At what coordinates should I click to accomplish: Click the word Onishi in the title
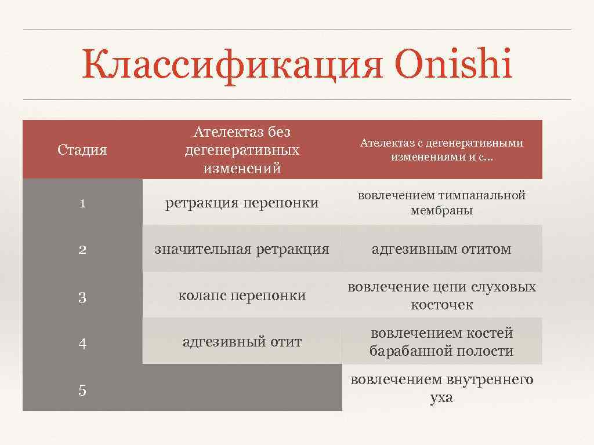point(453,65)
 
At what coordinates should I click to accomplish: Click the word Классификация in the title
point(232,65)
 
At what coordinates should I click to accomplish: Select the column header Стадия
point(82,150)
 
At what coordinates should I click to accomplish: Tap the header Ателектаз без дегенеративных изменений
point(242,150)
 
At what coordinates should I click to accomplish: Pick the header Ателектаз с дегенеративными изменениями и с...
point(441,150)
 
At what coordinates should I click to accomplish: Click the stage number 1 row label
point(82,203)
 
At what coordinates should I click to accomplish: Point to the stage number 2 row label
point(82,250)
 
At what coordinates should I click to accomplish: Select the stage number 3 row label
point(82,298)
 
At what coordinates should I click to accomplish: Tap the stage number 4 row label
point(82,344)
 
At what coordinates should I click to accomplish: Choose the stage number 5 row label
point(82,391)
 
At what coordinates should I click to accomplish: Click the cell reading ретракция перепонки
point(242,203)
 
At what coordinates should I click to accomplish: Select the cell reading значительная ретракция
point(242,249)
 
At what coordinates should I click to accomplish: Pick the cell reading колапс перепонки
point(242,296)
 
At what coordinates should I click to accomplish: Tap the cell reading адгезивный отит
point(242,342)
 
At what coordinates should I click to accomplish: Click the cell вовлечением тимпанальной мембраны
point(441,203)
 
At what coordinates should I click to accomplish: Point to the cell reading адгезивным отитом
point(441,249)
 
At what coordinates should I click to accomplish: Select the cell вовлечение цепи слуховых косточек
point(441,296)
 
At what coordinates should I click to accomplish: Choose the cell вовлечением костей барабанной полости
point(441,342)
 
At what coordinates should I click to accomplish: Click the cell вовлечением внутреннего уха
point(441,389)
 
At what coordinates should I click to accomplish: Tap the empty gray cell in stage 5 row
point(242,388)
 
